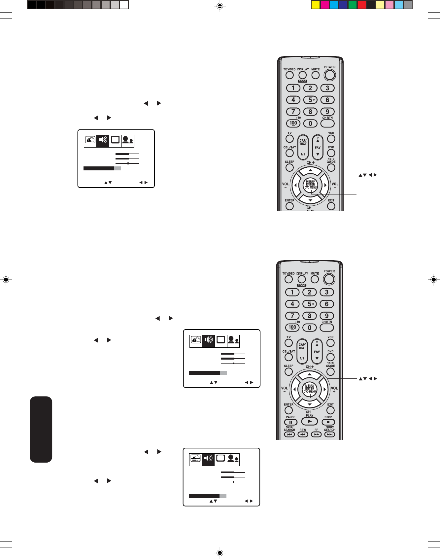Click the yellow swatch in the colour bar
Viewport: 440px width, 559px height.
[316, 5]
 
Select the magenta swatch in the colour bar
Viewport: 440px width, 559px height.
[325, 5]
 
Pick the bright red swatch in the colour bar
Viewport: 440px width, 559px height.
[362, 5]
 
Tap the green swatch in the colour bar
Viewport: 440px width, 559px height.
[353, 5]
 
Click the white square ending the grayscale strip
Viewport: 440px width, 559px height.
[124, 5]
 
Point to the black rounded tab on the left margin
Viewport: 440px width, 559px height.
[41, 429]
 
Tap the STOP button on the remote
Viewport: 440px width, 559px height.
[328, 422]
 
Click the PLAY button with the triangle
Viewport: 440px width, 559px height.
[310, 421]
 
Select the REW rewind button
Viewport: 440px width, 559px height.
[303, 435]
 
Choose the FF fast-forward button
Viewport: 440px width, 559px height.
[316, 435]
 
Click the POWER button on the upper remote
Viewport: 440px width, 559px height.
[329, 75]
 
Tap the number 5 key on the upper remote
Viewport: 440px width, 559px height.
[310, 100]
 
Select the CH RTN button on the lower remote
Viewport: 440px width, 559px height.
[327, 328]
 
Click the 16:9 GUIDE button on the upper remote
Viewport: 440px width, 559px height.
[331, 167]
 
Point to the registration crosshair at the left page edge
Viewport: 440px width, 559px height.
[6, 280]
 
